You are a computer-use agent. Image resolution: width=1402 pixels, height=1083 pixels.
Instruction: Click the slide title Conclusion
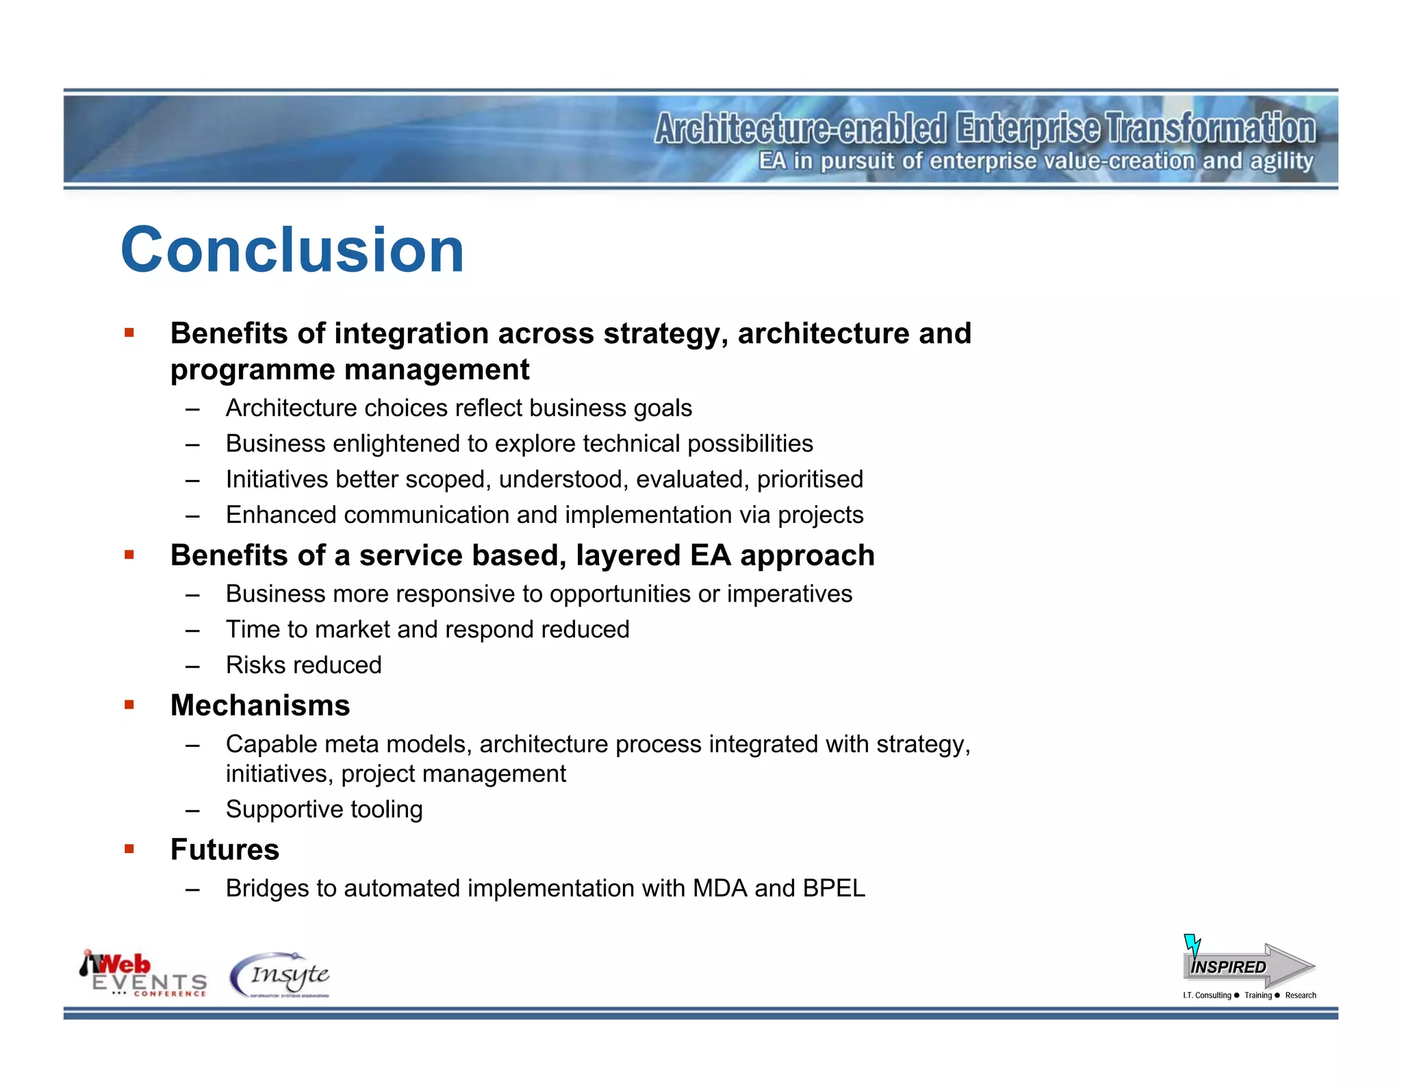click(292, 250)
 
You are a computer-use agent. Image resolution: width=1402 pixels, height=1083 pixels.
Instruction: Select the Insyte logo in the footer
click(281, 975)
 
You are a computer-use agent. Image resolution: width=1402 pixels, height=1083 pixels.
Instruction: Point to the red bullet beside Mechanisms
click(129, 704)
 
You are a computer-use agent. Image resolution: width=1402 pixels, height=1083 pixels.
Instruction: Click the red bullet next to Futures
click(129, 849)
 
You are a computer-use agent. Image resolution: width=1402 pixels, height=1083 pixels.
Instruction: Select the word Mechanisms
click(260, 706)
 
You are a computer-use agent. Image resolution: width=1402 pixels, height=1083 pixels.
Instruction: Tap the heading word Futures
click(225, 850)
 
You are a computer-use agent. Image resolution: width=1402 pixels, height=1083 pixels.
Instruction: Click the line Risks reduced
click(303, 665)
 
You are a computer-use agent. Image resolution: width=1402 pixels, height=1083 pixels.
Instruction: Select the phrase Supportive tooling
click(324, 810)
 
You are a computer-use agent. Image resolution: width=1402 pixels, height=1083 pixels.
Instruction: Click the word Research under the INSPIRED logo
click(1300, 995)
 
